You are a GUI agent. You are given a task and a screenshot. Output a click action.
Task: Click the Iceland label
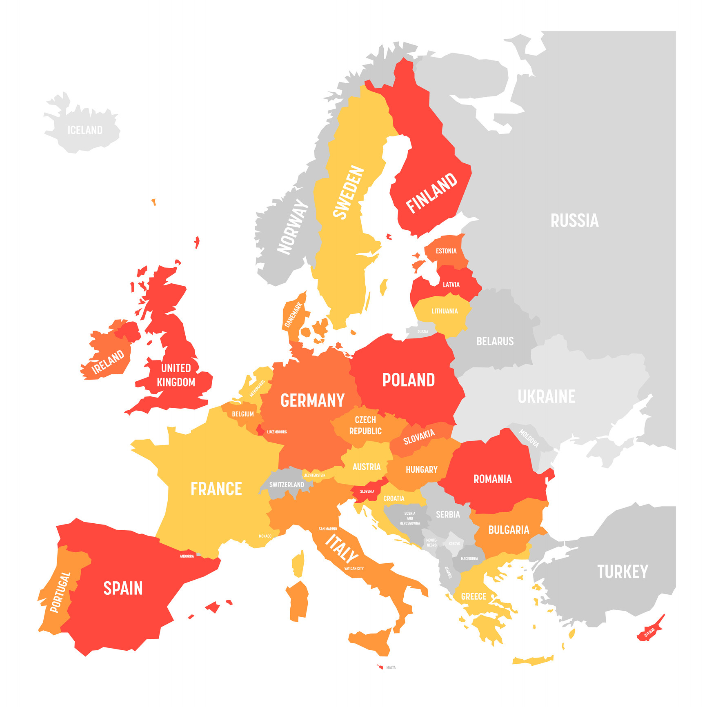[85, 130]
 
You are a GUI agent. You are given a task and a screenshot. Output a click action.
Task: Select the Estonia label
[446, 251]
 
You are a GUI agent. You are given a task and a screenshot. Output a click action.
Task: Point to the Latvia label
[451, 285]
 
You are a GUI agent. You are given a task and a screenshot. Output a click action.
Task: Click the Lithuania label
[445, 311]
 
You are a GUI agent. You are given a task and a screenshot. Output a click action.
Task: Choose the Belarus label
[495, 341]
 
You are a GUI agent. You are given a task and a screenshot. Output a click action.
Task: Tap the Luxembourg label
[277, 432]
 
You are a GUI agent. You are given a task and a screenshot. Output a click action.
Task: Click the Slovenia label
[367, 491]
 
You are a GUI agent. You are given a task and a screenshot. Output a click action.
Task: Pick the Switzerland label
[287, 485]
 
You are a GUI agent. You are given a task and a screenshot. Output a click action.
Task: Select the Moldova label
[529, 438]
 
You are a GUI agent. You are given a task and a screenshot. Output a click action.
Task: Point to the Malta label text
[391, 668]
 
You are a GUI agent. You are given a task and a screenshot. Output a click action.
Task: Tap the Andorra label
[187, 556]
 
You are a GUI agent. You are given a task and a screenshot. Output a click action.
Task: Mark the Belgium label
[243, 414]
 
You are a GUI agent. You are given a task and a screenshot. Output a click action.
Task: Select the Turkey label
[623, 572]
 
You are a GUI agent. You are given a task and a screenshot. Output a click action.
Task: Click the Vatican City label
[353, 568]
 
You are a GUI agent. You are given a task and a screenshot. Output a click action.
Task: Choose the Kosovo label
[454, 544]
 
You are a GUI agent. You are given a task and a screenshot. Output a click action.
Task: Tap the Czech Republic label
[365, 425]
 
